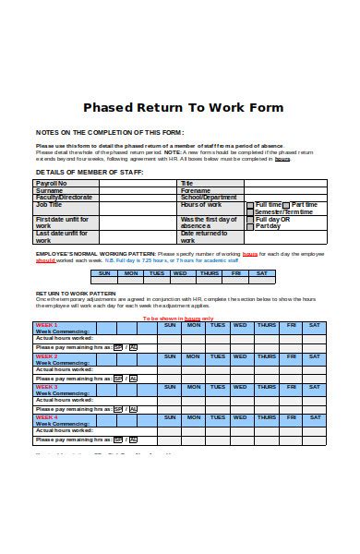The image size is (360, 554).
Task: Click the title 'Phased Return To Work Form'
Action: [x=184, y=108]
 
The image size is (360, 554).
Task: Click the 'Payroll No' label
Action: [x=52, y=183]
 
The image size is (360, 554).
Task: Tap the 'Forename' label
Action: [x=198, y=190]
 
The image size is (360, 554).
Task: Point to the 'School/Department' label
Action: [x=210, y=197]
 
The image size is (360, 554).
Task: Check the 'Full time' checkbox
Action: [x=250, y=205]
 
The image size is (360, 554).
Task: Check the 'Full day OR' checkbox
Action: [x=250, y=219]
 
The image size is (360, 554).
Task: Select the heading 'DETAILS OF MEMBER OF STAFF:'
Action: [x=77, y=173]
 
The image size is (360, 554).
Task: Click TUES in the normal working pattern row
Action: [x=157, y=273]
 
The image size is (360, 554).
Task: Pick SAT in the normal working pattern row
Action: [x=262, y=273]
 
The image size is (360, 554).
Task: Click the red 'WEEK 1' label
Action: [x=46, y=325]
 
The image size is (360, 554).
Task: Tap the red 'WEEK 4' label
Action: [x=46, y=417]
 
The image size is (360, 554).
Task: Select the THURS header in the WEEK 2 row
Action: [x=267, y=355]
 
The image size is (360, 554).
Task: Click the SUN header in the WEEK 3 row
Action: [x=169, y=386]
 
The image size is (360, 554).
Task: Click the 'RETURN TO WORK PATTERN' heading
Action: [x=75, y=292]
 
